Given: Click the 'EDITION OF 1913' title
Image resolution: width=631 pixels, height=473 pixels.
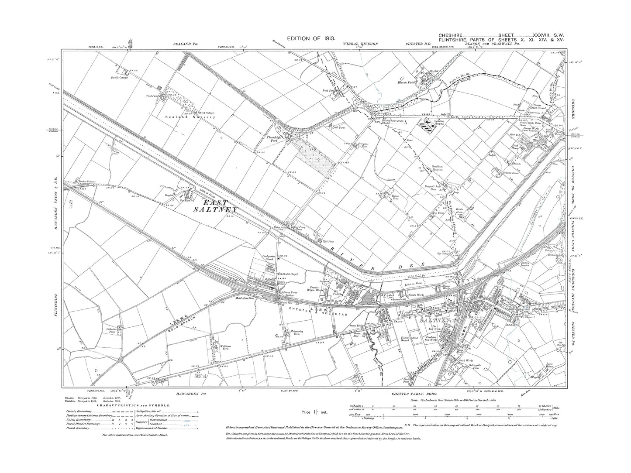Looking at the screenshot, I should click(x=310, y=39).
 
